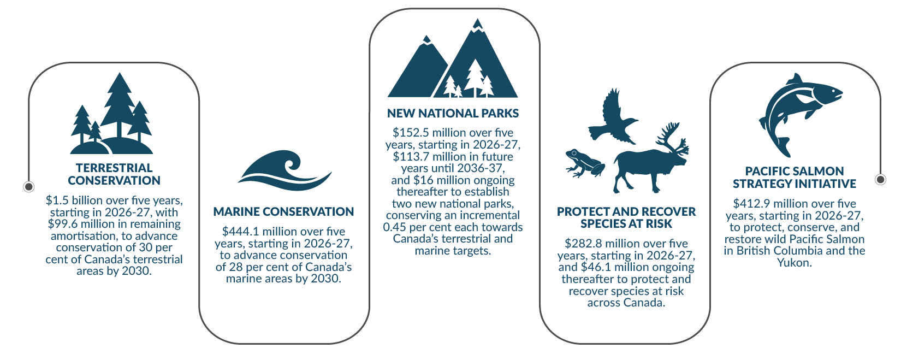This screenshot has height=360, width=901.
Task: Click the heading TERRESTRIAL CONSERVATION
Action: point(114,174)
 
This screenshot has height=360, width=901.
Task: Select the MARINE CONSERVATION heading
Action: point(283,211)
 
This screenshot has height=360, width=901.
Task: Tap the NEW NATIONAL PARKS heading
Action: point(453,114)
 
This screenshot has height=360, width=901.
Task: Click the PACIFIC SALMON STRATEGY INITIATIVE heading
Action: point(794,178)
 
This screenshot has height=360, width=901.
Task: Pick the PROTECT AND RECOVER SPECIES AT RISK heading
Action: point(626,217)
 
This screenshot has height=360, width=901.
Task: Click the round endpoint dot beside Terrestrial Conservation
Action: point(29,187)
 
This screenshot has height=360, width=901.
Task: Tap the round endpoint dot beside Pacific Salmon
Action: point(880,179)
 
